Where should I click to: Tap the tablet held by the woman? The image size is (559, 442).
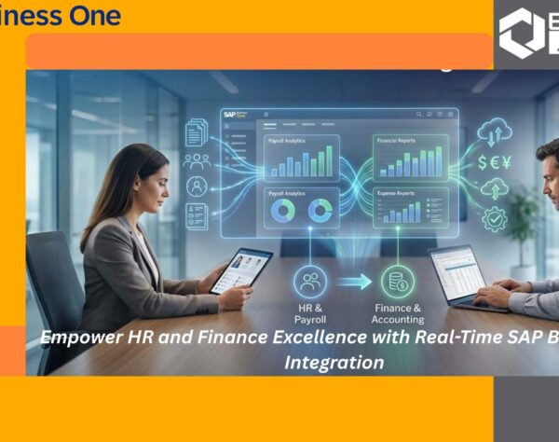(240, 270)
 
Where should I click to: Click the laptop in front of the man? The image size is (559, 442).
(459, 275)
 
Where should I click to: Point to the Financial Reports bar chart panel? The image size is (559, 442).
(411, 159)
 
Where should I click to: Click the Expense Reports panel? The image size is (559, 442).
(411, 207)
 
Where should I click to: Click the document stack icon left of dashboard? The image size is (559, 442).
(197, 131)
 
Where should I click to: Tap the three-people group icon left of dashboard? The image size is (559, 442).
(197, 159)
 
